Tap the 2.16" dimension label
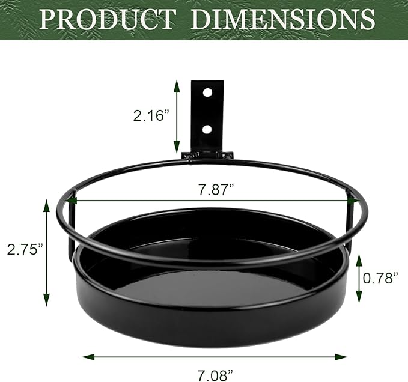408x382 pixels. click(149, 115)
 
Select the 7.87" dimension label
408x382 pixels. click(216, 190)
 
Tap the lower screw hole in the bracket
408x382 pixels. click(207, 129)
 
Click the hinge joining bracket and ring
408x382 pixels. click(207, 155)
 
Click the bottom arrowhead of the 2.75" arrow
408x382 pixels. click(46, 303)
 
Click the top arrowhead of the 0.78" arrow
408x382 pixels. click(359, 255)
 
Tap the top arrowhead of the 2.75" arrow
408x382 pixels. click(46, 202)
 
